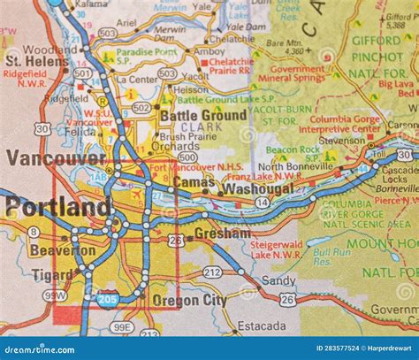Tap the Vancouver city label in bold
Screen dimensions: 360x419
(56, 159)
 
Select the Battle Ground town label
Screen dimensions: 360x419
(202, 116)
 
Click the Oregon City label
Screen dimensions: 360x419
(189, 300)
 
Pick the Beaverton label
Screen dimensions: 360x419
(61, 250)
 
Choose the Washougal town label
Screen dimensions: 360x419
(258, 188)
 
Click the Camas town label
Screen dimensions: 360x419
(194, 181)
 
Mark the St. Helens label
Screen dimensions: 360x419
(37, 61)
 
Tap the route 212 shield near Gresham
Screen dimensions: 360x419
(212, 272)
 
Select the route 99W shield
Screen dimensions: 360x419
(54, 295)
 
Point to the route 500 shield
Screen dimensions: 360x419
(187, 157)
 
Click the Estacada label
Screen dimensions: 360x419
(262, 326)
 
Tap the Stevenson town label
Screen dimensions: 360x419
(341, 140)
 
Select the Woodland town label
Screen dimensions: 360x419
(50, 50)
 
